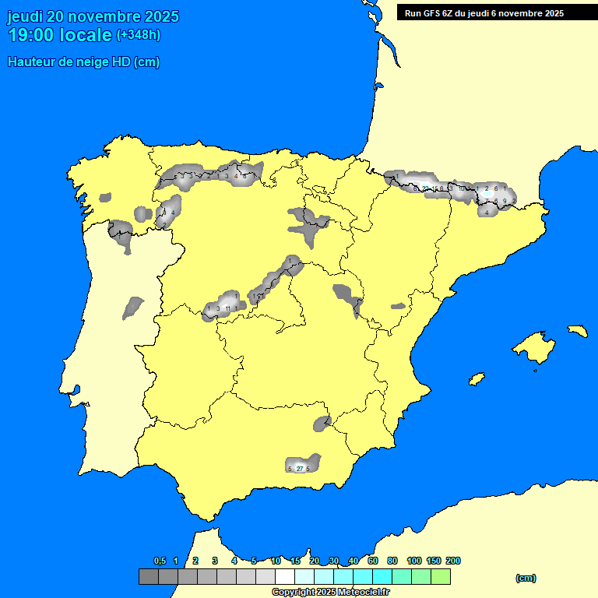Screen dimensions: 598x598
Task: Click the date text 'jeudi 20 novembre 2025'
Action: [93, 16]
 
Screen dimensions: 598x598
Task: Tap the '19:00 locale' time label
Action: [59, 35]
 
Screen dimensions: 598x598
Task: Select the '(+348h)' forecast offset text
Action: [138, 35]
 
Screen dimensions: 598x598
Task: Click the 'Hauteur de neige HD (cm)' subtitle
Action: [83, 62]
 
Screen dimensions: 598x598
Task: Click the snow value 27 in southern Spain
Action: [300, 469]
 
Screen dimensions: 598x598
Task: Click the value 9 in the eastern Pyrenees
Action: [505, 201]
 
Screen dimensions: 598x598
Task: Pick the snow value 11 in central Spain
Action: [227, 309]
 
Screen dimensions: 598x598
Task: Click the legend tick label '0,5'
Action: [160, 561]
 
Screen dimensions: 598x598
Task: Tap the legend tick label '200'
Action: [452, 561]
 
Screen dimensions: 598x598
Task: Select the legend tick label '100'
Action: [414, 561]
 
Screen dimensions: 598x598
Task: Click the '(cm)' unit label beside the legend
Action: [526, 578]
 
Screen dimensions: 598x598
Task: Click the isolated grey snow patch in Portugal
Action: [132, 308]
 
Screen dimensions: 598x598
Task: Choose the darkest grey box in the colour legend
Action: [149, 577]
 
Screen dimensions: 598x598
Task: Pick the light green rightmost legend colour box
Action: [441, 577]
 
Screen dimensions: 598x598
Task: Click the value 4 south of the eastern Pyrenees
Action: [487, 212]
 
